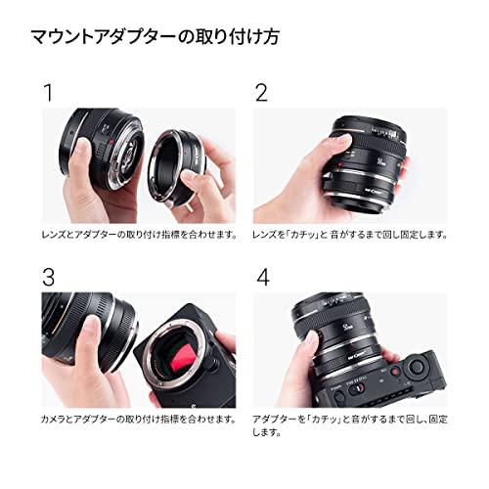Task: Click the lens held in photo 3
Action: [83, 337]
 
